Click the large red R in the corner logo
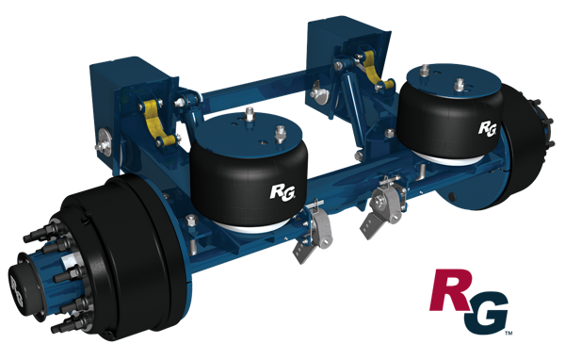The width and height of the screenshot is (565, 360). [451, 291]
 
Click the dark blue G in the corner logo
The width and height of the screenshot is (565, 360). [486, 313]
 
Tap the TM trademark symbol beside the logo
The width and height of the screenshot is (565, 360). [508, 333]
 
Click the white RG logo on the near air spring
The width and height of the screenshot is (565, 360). [282, 192]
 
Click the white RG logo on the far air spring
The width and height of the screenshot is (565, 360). [488, 129]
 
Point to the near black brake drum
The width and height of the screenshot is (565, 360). [119, 253]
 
